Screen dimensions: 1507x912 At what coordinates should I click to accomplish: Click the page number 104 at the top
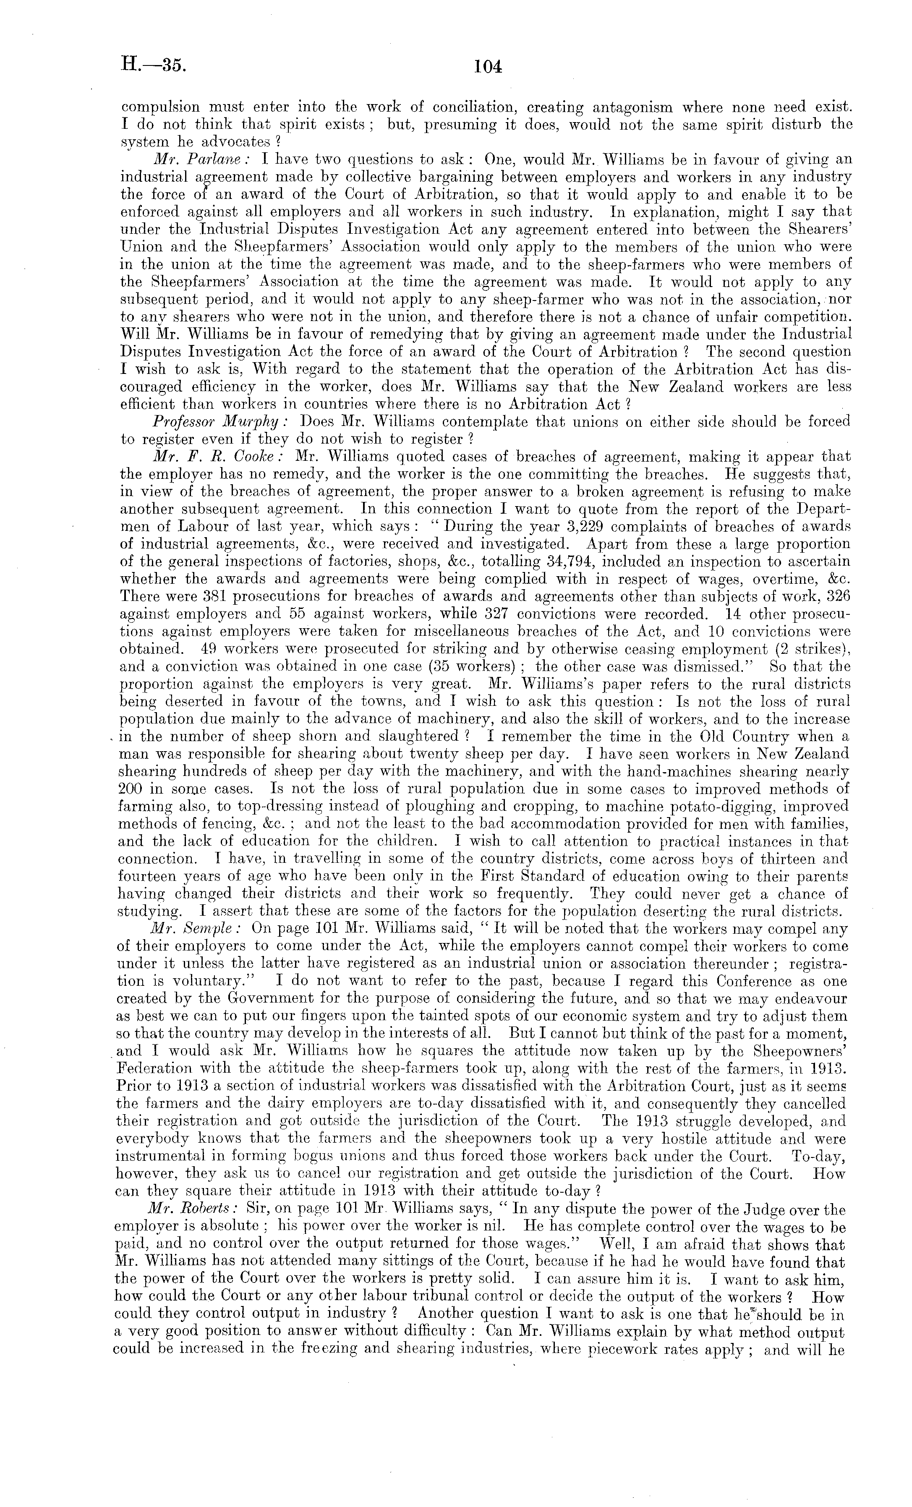[488, 66]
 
